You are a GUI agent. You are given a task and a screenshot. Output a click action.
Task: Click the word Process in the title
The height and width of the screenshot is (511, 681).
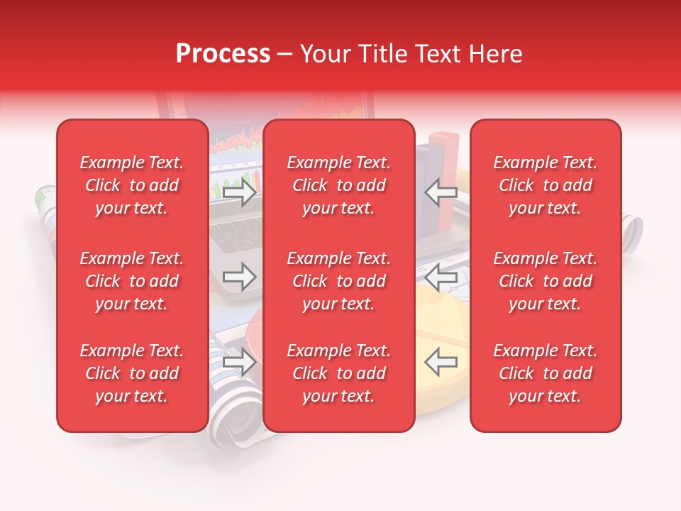click(223, 54)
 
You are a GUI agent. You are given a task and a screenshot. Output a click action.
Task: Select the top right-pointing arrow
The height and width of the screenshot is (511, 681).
click(239, 192)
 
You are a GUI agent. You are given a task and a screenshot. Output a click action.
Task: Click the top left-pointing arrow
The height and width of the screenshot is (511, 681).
click(441, 192)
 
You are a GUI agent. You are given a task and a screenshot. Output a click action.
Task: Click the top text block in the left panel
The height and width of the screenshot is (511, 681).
click(132, 185)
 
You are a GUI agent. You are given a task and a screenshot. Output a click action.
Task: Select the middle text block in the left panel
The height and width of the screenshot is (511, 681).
click(132, 281)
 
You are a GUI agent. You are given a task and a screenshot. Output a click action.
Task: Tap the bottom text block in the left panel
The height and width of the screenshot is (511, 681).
click(132, 373)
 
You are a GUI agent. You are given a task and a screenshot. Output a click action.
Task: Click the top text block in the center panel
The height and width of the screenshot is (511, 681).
click(338, 185)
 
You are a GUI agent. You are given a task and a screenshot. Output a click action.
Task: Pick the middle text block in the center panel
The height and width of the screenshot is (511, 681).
click(338, 281)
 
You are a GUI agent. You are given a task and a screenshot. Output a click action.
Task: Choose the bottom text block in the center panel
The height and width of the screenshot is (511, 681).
click(338, 373)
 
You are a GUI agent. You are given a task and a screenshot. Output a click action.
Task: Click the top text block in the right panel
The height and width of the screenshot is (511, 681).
click(545, 185)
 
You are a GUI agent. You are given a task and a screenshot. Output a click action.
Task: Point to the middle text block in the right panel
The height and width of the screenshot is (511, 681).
click(545, 281)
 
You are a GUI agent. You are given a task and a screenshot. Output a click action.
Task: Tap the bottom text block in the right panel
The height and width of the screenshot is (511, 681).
click(545, 373)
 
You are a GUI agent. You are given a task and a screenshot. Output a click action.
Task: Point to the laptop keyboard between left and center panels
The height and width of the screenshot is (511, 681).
click(236, 234)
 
